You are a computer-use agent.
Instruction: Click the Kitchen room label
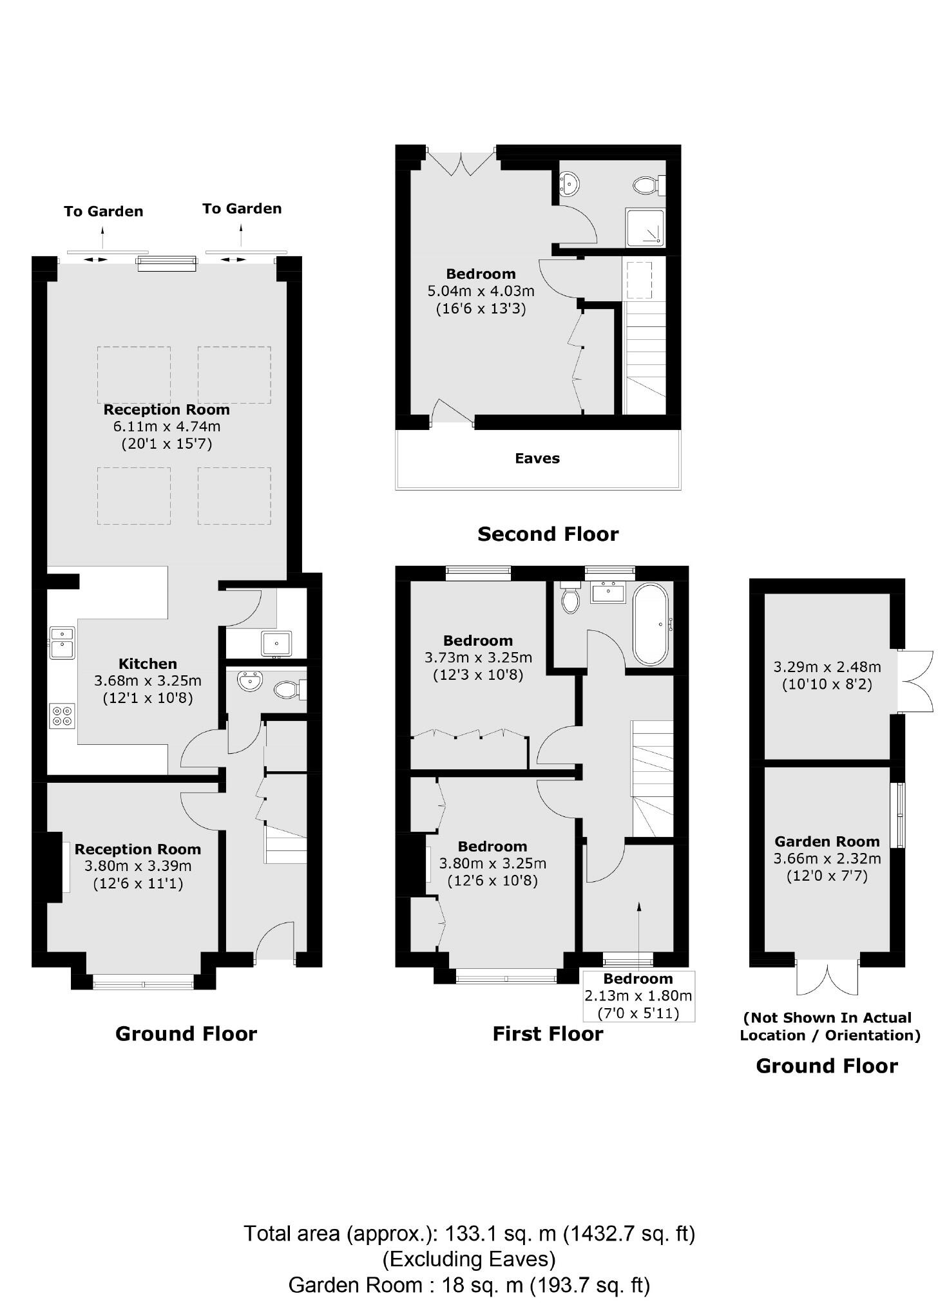pos(148,664)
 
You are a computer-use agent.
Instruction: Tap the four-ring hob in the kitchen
pos(62,716)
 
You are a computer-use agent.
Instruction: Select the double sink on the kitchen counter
pos(62,643)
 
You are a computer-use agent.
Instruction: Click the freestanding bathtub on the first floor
pos(651,624)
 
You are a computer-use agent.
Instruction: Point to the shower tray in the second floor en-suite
pos(644,227)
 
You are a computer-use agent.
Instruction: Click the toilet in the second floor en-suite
pos(646,186)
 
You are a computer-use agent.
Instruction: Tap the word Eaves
pos(537,458)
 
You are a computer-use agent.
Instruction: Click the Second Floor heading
pos(548,534)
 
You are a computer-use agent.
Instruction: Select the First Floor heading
pos(548,1034)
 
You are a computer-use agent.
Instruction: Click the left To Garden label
pos(103,211)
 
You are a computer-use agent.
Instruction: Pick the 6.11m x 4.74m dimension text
pos(167,426)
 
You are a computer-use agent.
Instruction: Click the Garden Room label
pos(827,841)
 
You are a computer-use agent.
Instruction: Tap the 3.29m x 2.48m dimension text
pos(827,667)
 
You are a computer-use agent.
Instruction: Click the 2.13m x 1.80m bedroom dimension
pos(638,996)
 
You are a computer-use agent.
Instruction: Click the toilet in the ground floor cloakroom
pos(287,691)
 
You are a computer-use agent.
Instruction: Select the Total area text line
pos(469,1233)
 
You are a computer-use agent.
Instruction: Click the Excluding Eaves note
pos(469,1258)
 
